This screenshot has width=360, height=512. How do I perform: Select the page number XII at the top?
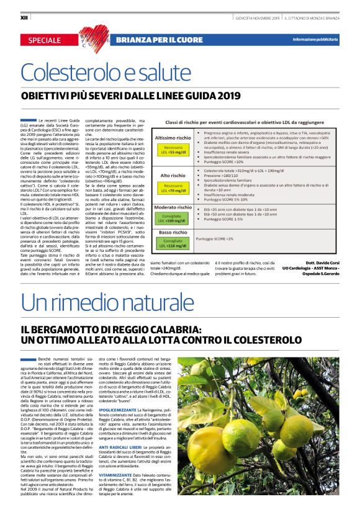click(25, 18)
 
